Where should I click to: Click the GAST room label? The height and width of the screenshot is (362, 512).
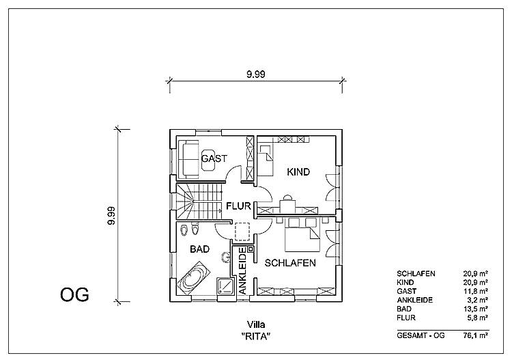pos(214,158)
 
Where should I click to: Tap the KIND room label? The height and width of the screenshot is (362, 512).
pos(298,172)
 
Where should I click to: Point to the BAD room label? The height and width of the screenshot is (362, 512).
pos(199,249)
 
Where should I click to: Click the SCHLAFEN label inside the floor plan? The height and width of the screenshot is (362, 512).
pos(290,262)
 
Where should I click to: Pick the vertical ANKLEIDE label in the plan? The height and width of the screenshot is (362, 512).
pos(242,271)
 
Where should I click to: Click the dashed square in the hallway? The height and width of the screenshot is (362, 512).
pos(242,233)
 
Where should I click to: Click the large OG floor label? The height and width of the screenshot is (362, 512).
pos(75,294)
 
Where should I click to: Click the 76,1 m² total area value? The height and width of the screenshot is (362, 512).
pos(475,335)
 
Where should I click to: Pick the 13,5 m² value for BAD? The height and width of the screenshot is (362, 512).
pos(476,308)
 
